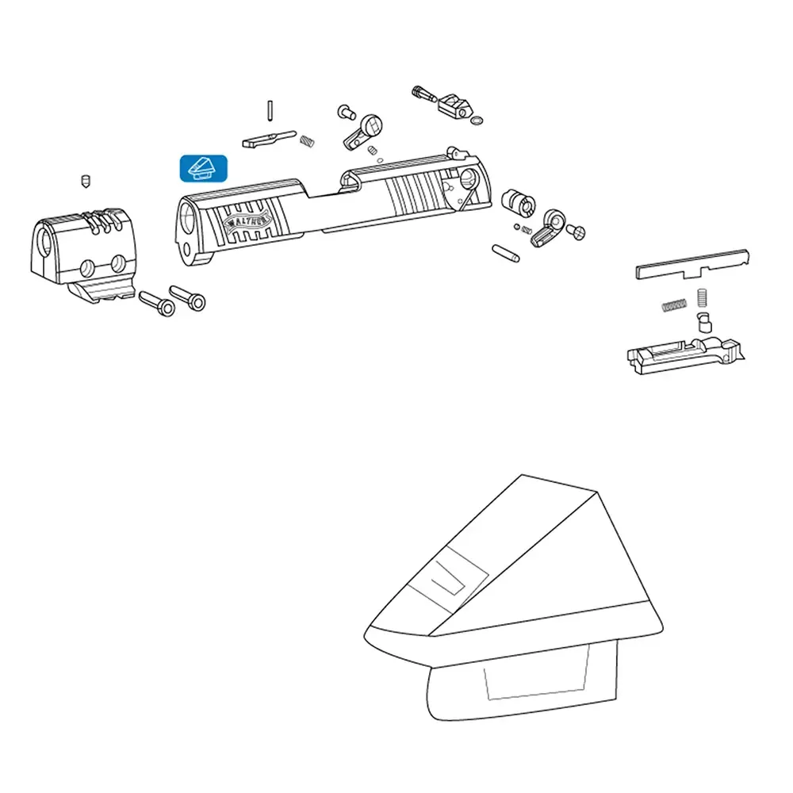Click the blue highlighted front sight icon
(x=203, y=168)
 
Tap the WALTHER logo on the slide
(x=247, y=221)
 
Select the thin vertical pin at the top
(x=270, y=111)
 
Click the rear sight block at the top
(x=454, y=105)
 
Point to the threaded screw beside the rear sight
(x=423, y=94)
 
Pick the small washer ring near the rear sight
(x=477, y=121)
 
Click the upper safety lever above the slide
(x=362, y=132)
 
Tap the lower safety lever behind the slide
(x=548, y=228)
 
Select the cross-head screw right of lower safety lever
(x=576, y=232)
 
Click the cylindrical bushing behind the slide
(x=519, y=202)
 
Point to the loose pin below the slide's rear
(x=505, y=253)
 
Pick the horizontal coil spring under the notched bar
(x=675, y=305)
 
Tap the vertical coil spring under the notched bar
(x=702, y=298)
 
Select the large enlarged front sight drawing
(x=513, y=598)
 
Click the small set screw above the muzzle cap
(x=86, y=181)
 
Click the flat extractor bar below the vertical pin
(x=269, y=139)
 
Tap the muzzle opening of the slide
(x=187, y=218)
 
